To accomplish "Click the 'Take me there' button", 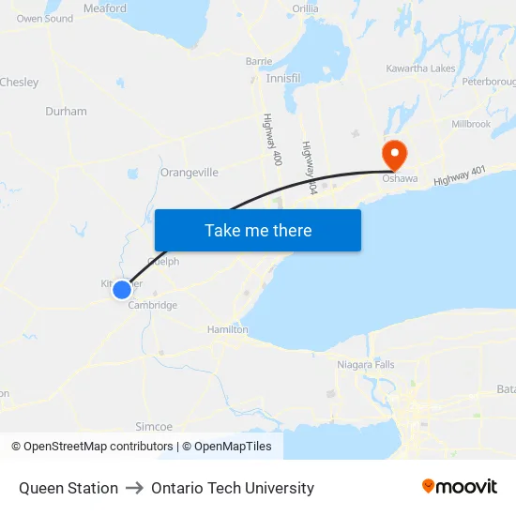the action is (x=258, y=230).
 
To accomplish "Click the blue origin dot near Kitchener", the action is (x=122, y=290).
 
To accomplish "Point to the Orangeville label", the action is (x=190, y=173).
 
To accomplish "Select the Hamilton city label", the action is (x=228, y=329).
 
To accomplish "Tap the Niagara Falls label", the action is (x=366, y=364).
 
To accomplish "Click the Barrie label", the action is (x=259, y=61).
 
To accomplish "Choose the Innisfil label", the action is (x=283, y=79).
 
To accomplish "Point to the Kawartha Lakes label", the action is (x=420, y=68).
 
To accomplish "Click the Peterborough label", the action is (x=490, y=82).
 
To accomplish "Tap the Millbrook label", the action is (x=471, y=124).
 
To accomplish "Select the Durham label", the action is (x=66, y=111).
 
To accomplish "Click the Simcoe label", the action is (x=155, y=426).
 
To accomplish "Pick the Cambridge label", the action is (x=152, y=305).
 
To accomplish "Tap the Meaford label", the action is (x=105, y=8).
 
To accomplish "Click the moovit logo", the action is (x=460, y=487).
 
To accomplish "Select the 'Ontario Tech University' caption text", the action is (x=233, y=488).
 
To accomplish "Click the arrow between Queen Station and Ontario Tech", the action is (x=134, y=488).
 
